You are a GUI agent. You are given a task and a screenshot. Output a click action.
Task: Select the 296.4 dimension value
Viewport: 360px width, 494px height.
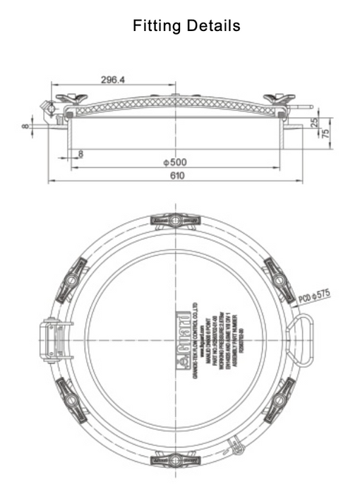(x=113, y=80)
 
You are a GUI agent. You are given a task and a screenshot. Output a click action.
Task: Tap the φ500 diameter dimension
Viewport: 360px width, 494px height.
(x=174, y=162)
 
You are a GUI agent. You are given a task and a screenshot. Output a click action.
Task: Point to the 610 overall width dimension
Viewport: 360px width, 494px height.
(x=176, y=176)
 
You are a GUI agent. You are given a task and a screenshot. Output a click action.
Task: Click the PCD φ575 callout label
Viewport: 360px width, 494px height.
(x=314, y=294)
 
